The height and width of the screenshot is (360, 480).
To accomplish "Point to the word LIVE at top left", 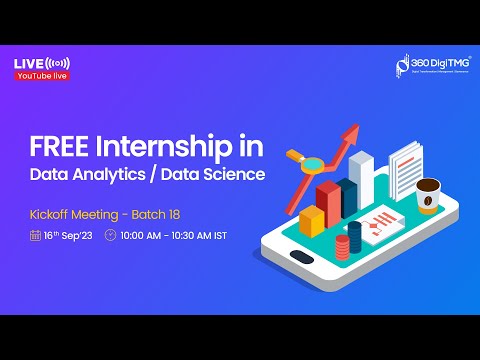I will tap(27, 64).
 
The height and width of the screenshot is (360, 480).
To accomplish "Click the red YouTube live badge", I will tap(42, 77).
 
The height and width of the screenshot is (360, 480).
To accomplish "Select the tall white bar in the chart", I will tap(361, 178).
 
